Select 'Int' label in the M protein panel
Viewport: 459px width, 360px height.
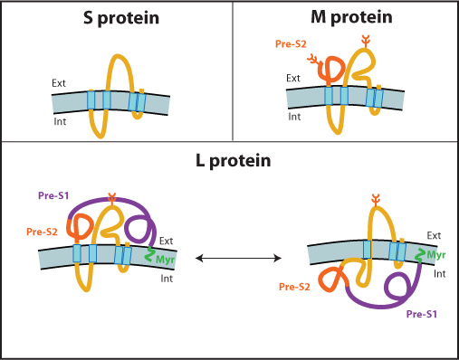coord(295,116)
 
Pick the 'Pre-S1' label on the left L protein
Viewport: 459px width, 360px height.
coord(54,195)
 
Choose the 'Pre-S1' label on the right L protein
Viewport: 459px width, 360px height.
coord(423,314)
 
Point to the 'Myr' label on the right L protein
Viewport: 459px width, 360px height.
coord(437,256)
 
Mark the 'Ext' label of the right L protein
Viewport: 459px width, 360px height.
coord(434,235)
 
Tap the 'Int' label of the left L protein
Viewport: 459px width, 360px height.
coord(167,279)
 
